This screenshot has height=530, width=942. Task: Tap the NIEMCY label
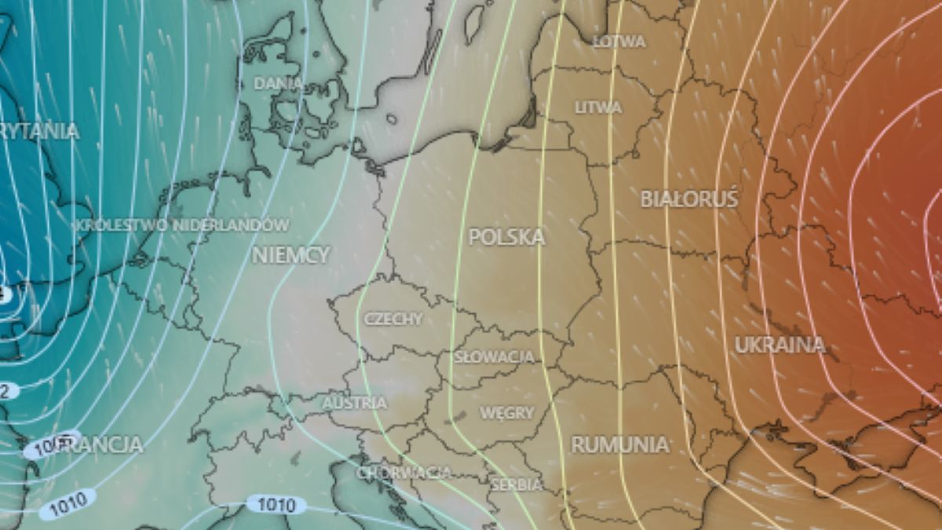[291, 254]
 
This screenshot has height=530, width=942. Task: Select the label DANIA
[279, 83]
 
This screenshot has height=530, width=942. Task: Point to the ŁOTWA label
[619, 42]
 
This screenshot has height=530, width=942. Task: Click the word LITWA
[598, 108]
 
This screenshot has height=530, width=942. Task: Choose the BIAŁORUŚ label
[689, 199]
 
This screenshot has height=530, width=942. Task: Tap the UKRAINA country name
[780, 345]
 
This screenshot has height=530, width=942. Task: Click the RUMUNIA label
[620, 444]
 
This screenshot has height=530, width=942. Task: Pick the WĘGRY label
[506, 413]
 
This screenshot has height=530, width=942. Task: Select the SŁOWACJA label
[495, 357]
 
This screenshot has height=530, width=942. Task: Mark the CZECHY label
[392, 319]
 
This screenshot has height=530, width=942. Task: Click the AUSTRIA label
[355, 404]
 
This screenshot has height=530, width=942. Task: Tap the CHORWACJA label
[404, 473]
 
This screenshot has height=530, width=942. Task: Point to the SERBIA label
[516, 485]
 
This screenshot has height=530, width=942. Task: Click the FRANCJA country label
[102, 444]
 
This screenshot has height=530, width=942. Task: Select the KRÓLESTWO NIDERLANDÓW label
[182, 225]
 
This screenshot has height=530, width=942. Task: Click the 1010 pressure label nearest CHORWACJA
[276, 504]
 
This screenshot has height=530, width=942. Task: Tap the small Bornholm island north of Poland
[392, 119]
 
